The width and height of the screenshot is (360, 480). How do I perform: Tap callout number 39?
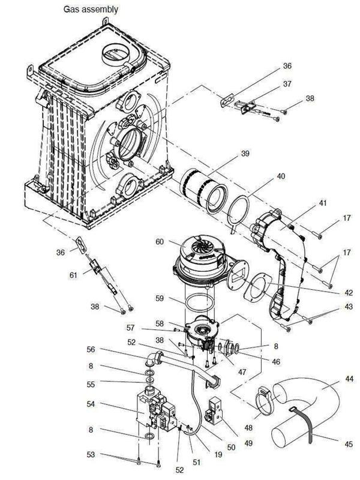pos(245,154)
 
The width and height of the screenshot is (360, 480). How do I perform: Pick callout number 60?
pos(159,241)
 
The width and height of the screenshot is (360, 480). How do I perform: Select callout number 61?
pos(73,275)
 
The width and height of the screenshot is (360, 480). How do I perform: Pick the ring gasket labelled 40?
pos(242,210)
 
